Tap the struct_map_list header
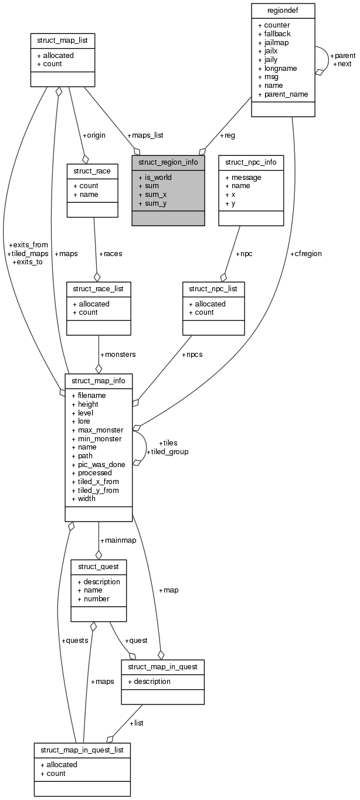[62, 40]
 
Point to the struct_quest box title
[99, 567]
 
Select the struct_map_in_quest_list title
[82, 750]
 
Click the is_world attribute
[155, 177]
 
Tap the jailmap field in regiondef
[273, 43]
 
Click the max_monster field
[97, 430]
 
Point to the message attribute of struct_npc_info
[246, 177]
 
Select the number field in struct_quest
[96, 599]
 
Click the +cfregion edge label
[305, 254]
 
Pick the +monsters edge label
[118, 355]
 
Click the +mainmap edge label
[118, 540]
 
